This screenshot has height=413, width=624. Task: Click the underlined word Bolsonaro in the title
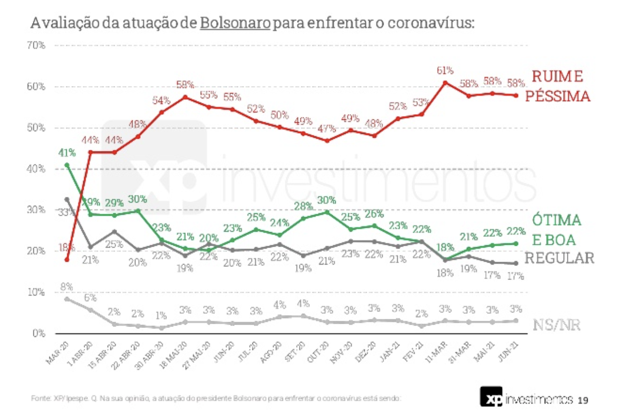235,23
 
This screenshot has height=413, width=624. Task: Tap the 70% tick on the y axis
36,45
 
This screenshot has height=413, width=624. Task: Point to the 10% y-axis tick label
36,292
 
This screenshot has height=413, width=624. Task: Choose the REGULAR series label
559,258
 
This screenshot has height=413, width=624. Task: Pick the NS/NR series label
556,325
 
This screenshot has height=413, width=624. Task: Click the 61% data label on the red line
445,71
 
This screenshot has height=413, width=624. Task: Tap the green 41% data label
67,153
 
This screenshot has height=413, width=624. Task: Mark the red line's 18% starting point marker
67,260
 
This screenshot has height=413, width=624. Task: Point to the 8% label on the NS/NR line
67,287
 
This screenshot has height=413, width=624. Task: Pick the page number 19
583,400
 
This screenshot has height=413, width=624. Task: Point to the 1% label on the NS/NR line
161,316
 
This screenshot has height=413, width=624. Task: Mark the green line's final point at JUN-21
516,243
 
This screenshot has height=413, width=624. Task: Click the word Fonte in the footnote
38,398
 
